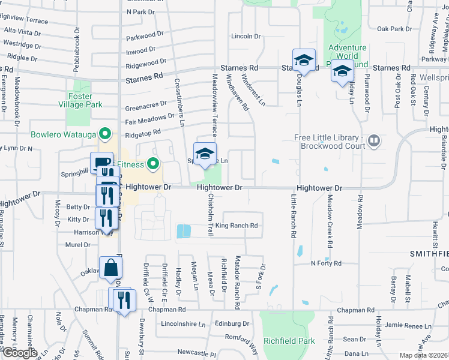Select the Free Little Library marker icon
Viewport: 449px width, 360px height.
374,142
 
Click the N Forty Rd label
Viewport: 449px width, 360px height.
325,263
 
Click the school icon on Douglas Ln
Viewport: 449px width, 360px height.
304,61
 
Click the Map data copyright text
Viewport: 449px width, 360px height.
424,355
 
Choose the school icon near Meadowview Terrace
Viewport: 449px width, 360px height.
205,154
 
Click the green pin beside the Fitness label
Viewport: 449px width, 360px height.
154,163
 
